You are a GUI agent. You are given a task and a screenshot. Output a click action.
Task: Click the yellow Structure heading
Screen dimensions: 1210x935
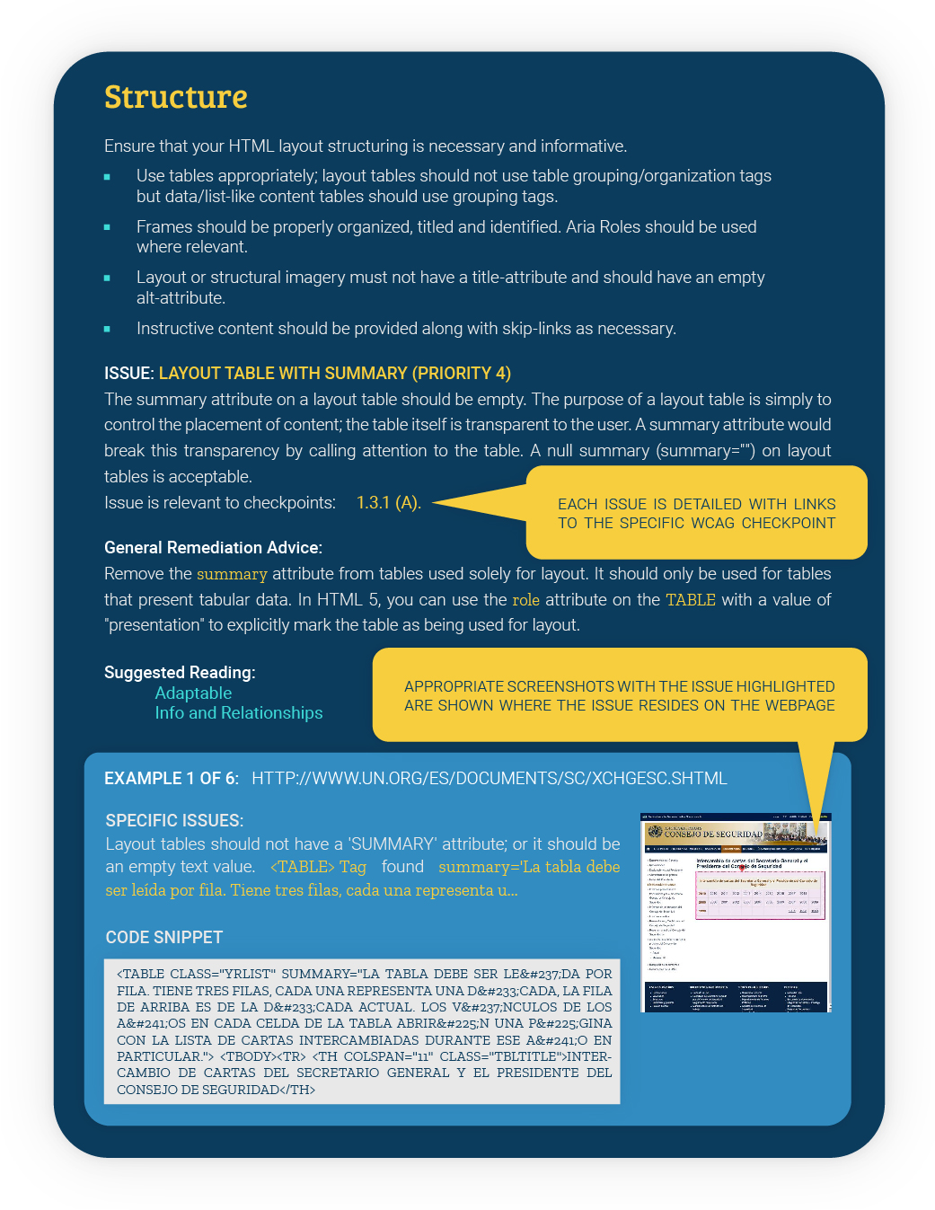coord(176,97)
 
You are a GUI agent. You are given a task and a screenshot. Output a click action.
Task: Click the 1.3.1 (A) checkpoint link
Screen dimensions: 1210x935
coord(388,503)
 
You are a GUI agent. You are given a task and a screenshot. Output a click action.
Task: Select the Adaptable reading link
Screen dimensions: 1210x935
coord(193,693)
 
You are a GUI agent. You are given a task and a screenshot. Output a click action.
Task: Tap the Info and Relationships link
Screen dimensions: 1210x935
coord(238,713)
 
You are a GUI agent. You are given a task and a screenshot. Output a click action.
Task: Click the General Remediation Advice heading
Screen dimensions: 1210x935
coord(213,548)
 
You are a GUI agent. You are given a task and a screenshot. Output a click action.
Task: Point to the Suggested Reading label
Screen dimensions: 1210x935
coord(180,673)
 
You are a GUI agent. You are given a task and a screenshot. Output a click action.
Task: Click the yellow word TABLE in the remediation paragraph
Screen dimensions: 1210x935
coord(690,600)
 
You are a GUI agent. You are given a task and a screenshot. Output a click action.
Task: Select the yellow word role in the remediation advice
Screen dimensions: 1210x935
coord(525,600)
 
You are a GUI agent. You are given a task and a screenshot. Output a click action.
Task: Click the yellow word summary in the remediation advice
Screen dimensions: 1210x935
coord(232,574)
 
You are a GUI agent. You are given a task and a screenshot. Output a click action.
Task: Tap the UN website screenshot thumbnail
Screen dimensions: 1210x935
coord(736,913)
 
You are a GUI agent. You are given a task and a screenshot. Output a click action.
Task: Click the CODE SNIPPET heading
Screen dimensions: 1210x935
coord(164,938)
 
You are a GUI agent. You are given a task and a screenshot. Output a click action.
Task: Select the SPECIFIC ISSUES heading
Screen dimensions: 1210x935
coord(174,821)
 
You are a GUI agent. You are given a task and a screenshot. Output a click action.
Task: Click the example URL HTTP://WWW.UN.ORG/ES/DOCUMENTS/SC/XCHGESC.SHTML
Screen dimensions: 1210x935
coord(489,779)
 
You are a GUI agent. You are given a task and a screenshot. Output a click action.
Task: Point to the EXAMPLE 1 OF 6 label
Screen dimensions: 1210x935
coord(172,779)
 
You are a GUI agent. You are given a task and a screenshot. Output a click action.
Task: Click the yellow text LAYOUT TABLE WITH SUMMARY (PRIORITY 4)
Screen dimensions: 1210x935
coord(334,374)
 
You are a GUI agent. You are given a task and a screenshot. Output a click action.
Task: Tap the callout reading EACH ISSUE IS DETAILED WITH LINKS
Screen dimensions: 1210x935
coord(696,514)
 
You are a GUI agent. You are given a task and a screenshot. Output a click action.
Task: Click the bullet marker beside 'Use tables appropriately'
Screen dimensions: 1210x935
coord(107,177)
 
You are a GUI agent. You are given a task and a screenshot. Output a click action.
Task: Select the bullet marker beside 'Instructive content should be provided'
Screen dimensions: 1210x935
coord(107,330)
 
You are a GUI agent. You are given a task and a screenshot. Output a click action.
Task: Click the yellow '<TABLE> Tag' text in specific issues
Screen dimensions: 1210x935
coord(318,867)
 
